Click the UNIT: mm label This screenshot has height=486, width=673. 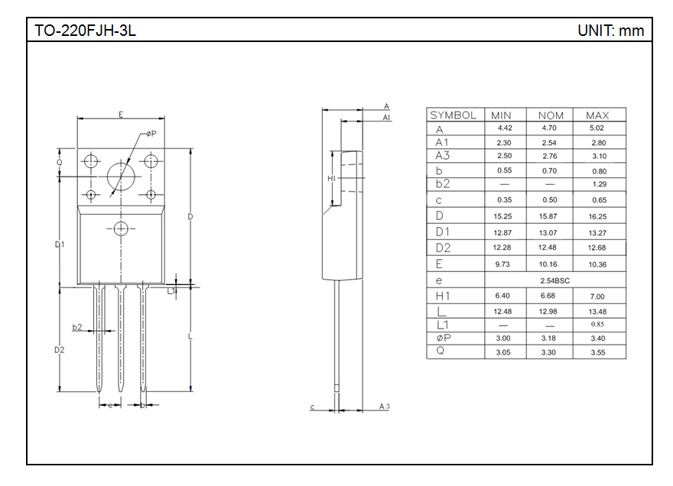coord(610,31)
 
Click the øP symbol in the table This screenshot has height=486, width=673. coord(441,338)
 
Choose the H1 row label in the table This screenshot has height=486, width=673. coord(443,296)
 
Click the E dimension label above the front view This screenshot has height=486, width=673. coord(121,115)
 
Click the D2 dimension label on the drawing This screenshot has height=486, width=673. coord(60,349)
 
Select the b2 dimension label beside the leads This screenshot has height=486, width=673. coord(77,327)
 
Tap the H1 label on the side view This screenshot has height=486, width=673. coord(332,178)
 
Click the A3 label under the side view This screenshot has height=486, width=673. coord(384,407)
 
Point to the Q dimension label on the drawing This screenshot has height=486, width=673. coord(60,162)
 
